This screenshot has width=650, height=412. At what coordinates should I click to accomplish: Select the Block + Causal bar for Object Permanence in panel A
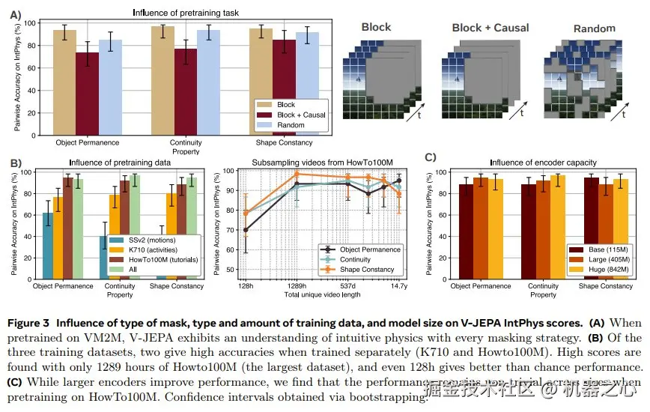[87, 93]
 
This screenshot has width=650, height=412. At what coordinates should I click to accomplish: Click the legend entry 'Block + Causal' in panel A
[300, 115]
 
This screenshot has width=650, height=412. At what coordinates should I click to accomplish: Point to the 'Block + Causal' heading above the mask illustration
[487, 28]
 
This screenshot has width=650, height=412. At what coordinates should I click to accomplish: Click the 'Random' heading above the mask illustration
[594, 28]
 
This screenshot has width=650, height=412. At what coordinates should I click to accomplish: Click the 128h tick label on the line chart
[246, 286]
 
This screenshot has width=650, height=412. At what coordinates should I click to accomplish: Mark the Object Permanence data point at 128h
[246, 230]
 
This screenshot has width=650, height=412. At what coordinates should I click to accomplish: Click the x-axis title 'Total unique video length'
[323, 295]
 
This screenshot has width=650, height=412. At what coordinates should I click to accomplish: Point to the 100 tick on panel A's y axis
[31, 23]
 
